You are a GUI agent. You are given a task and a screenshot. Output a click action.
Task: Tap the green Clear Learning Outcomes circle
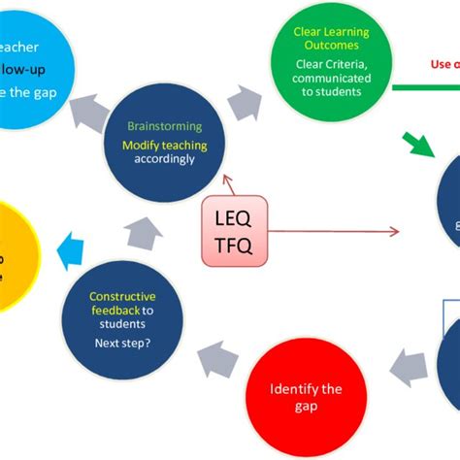[332, 60]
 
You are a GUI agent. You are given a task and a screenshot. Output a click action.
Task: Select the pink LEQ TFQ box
[234, 231]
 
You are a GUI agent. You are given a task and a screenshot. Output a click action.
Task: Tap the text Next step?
[115, 343]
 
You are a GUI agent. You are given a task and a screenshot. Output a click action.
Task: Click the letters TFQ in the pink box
[234, 246]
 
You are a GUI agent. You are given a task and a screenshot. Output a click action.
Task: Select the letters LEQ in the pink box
[234, 217]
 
